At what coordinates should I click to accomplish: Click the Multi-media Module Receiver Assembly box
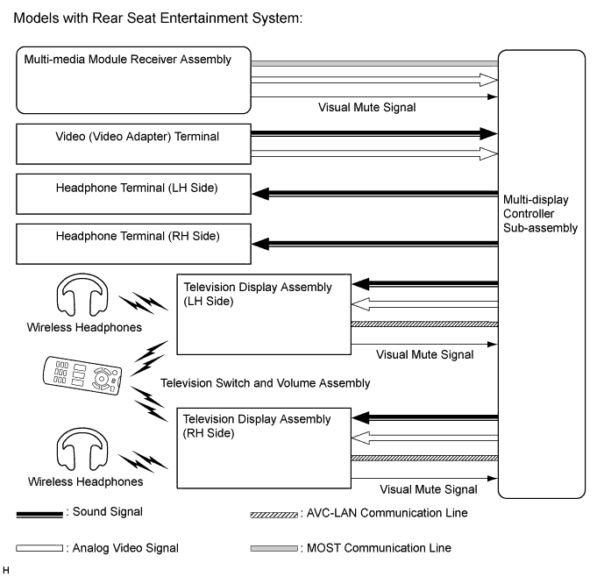[x=131, y=82]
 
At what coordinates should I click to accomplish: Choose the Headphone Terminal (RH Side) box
[x=131, y=245]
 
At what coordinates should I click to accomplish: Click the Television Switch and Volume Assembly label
[x=266, y=383]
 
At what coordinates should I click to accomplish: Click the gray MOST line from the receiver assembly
[x=374, y=63]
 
